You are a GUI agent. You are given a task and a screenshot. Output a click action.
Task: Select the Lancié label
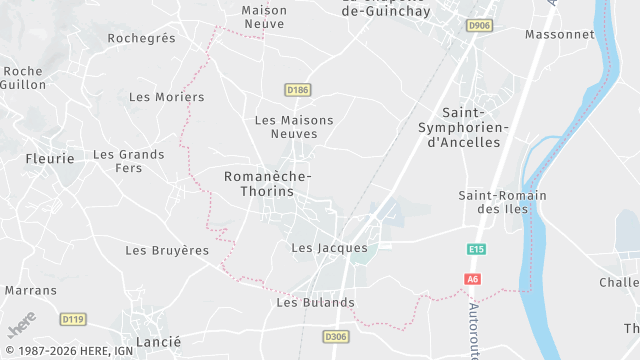click(157, 342)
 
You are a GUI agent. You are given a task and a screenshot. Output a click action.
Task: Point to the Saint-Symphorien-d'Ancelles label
click(463, 128)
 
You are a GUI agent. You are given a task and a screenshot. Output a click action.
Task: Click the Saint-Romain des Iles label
click(501, 202)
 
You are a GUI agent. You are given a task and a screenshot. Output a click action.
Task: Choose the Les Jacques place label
click(329, 248)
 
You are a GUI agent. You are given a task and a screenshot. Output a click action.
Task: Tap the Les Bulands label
click(315, 302)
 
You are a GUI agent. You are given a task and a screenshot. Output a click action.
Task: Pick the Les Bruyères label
click(166, 249)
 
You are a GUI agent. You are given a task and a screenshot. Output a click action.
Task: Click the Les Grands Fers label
click(128, 161)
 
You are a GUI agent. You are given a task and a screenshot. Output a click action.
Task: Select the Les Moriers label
click(166, 97)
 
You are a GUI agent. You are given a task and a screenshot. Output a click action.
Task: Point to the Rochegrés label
click(141, 38)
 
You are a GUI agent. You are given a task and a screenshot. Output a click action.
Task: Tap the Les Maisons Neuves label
click(294, 127)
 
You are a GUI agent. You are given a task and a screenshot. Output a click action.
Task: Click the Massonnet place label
click(559, 34)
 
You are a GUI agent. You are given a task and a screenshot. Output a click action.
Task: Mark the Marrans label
click(30, 290)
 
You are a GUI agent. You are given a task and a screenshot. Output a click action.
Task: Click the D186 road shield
click(297, 90)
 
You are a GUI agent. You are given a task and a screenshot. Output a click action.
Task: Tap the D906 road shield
click(480, 25)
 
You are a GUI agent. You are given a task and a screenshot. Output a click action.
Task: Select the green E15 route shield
click(476, 249)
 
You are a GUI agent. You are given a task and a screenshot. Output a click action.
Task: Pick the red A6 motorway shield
click(473, 279)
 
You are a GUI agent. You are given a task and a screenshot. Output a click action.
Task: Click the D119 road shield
click(72, 319)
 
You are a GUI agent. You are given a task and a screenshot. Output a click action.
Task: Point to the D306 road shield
click(336, 338)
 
